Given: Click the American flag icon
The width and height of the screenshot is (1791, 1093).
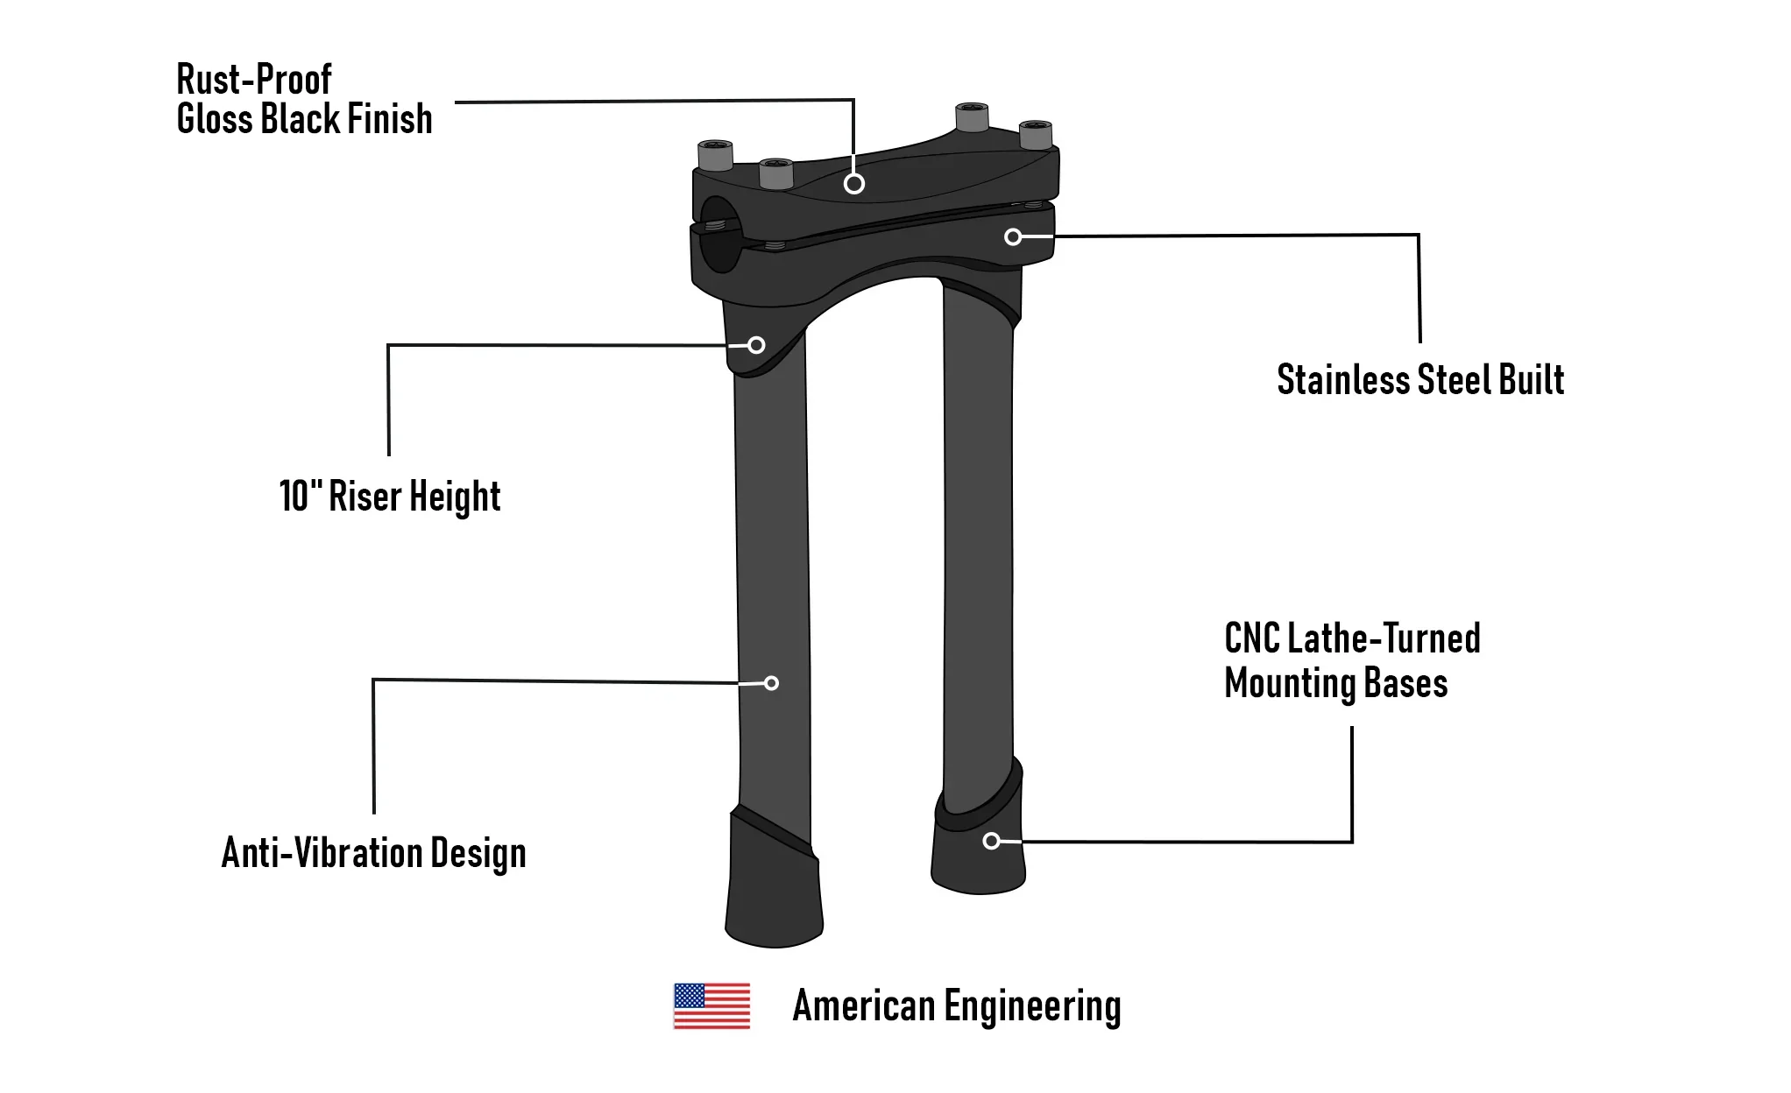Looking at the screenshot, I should click(x=711, y=1005).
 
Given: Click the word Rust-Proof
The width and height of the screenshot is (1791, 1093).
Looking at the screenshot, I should click(x=254, y=80).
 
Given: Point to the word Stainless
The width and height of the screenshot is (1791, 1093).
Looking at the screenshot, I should click(x=1343, y=380).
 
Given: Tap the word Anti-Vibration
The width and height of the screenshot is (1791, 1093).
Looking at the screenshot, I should click(x=322, y=852).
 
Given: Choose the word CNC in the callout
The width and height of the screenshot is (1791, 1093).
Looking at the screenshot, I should click(x=1251, y=638).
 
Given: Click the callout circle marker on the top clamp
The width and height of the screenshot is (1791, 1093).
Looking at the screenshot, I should click(x=854, y=184).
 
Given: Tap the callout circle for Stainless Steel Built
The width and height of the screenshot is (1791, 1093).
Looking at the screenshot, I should click(x=1013, y=237).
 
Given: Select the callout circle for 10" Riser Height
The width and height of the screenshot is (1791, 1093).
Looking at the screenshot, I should click(x=756, y=345).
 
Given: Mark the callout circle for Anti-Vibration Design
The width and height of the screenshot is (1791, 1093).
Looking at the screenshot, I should click(x=771, y=683).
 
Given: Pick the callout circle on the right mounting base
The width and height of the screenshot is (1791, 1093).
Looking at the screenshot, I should click(x=991, y=841).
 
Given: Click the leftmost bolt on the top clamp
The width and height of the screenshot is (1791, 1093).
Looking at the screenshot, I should click(x=715, y=155).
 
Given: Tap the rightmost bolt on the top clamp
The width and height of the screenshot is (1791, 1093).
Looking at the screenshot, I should click(x=1036, y=134).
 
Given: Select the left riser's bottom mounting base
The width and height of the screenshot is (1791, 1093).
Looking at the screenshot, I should click(x=774, y=885).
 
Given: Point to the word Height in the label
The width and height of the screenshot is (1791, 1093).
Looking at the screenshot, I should click(x=455, y=497).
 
